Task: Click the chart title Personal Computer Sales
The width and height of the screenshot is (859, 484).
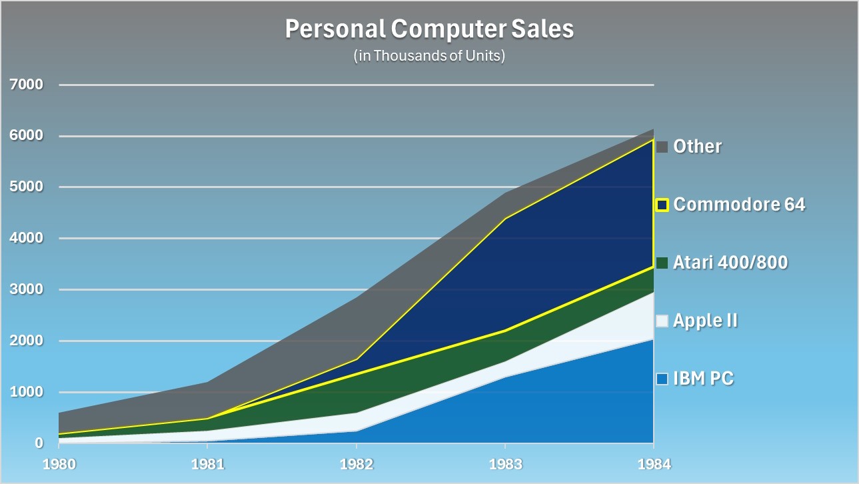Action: [x=429, y=29]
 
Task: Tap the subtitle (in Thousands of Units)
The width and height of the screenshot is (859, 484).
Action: [x=429, y=55]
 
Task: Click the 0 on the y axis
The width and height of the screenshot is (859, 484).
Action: [x=39, y=443]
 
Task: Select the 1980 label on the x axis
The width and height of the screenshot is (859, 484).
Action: [x=59, y=464]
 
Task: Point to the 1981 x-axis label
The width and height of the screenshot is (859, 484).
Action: [x=208, y=464]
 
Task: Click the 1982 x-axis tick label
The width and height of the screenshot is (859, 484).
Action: [x=357, y=464]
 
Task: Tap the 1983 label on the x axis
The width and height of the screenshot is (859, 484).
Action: [x=505, y=464]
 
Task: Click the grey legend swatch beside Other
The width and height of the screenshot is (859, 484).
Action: [x=662, y=147]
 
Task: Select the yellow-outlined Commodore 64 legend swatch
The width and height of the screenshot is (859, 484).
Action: [x=662, y=205]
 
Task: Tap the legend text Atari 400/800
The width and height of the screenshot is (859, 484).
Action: [x=730, y=263]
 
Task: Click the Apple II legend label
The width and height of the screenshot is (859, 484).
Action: [x=705, y=321]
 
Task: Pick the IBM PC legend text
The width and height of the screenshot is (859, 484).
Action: [x=703, y=379]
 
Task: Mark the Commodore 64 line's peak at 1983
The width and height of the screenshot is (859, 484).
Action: [x=505, y=218]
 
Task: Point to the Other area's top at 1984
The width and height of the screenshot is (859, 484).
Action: [x=653, y=129]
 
